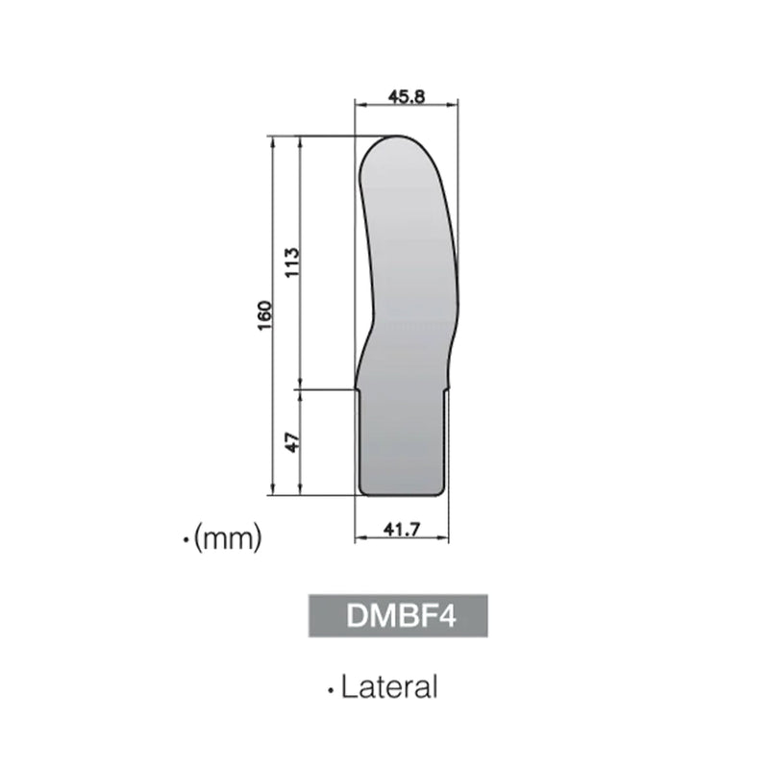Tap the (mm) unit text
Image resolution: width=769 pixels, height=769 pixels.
coord(228,539)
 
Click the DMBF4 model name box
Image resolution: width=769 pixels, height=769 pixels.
coord(393,616)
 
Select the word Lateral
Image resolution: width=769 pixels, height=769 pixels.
coord(389,687)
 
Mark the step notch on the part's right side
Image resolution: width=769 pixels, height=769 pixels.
coord(447,388)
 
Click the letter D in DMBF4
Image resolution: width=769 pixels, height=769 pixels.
coord(355,616)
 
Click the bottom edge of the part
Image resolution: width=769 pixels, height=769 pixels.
coord(402,495)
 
